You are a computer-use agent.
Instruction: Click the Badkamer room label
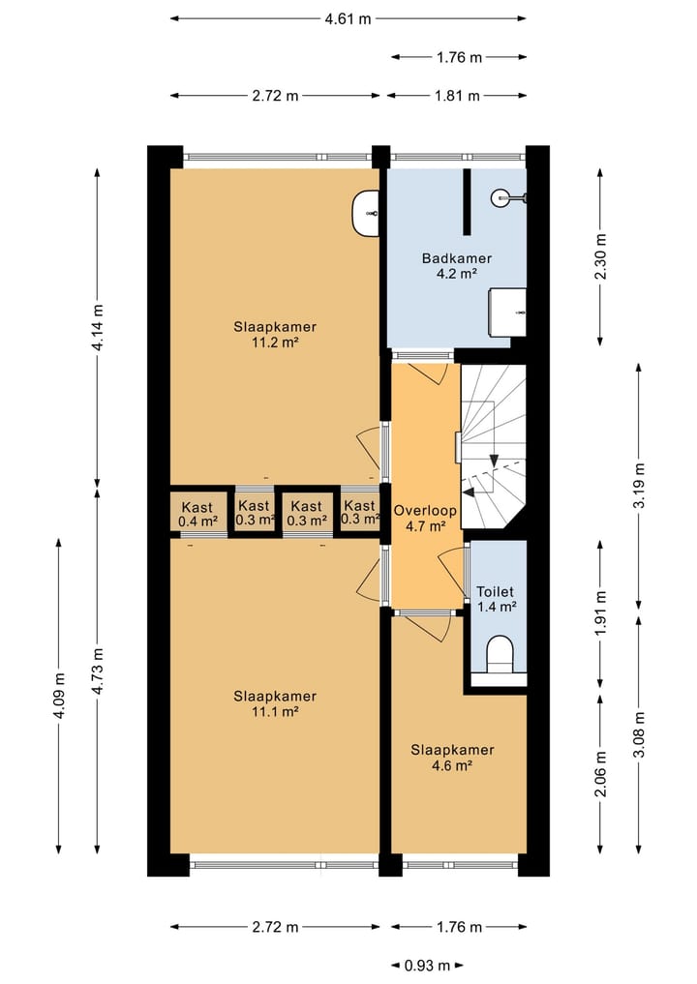pyautogui.click(x=457, y=258)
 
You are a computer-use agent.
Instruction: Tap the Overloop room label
pyautogui.click(x=424, y=511)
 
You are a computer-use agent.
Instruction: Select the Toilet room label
pyautogui.click(x=495, y=591)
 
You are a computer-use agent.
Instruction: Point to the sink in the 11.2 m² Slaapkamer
pyautogui.click(x=365, y=214)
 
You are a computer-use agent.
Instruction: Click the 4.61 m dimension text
pyautogui.click(x=348, y=18)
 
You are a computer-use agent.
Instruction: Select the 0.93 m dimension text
pyautogui.click(x=427, y=966)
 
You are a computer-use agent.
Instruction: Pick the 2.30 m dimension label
pyautogui.click(x=601, y=256)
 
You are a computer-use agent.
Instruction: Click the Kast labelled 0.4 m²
pyautogui.click(x=197, y=514)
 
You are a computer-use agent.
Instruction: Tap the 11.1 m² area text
pyautogui.click(x=274, y=712)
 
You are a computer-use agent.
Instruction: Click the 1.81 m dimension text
pyautogui.click(x=457, y=96)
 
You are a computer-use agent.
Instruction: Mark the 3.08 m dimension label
pyautogui.click(x=639, y=734)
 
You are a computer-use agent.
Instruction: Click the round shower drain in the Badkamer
pyautogui.click(x=500, y=198)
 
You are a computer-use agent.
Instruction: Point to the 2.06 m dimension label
pyautogui.click(x=601, y=774)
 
